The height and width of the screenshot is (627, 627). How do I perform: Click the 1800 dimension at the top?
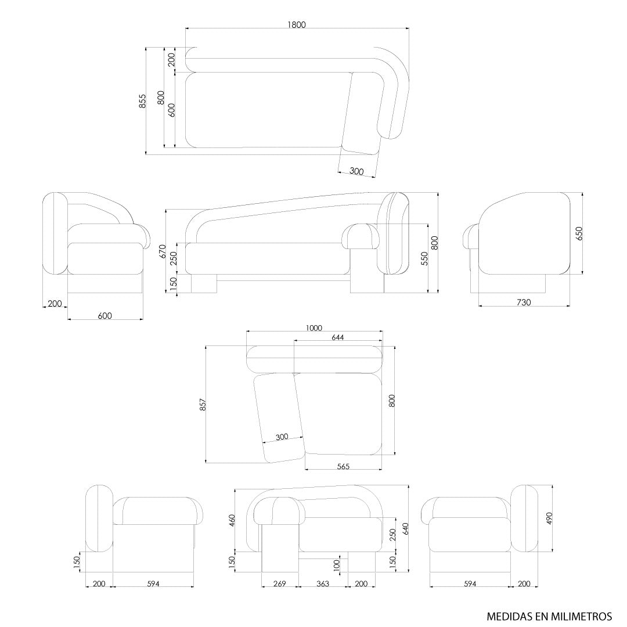[296, 24]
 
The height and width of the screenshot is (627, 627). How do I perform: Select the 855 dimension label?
[142, 101]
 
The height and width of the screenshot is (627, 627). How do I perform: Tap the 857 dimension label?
[203, 405]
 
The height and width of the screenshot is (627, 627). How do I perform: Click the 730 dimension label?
[524, 302]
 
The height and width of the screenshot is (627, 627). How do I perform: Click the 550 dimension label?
[425, 258]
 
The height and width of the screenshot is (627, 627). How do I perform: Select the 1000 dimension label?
[313, 328]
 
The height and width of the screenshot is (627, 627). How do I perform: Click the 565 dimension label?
[343, 466]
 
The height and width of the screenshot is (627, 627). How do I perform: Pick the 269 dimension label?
[279, 583]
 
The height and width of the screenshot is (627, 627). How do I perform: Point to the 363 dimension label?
[322, 583]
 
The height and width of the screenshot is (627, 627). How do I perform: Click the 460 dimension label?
[232, 520]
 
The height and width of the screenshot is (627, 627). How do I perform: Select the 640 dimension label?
[406, 529]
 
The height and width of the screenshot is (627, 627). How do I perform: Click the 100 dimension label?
[337, 564]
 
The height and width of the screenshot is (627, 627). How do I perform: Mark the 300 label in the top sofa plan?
[357, 171]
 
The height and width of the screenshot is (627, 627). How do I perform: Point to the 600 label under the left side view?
[105, 316]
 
